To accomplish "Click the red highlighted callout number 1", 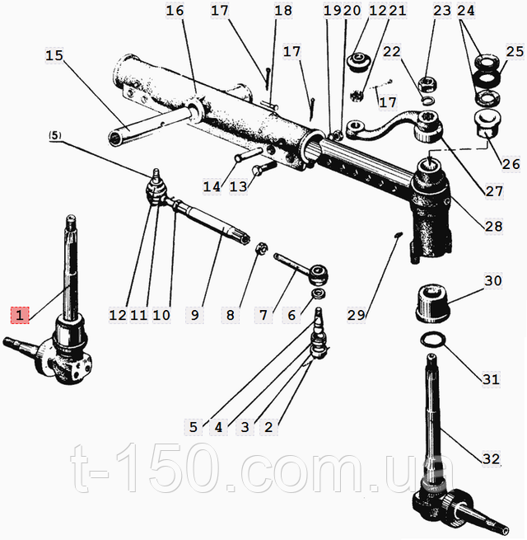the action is click(x=20, y=315).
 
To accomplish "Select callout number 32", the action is click(x=491, y=458).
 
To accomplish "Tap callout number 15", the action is click(x=54, y=55).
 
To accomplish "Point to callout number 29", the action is click(x=356, y=315).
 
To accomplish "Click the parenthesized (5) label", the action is click(x=55, y=135).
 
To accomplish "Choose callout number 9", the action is click(x=194, y=315).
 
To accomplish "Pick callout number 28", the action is click(x=493, y=226).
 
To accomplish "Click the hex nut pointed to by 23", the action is click(x=427, y=84).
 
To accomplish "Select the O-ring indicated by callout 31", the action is click(x=433, y=340).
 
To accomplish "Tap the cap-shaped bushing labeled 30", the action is click(x=433, y=303).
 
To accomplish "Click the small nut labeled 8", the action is click(x=263, y=248).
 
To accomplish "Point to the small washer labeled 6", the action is click(x=319, y=293).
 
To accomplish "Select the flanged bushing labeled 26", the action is click(x=487, y=124).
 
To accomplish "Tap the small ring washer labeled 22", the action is click(x=427, y=101).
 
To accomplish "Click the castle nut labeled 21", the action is click(x=357, y=95).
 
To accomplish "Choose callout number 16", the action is click(x=175, y=11).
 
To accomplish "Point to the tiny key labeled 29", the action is click(x=398, y=234).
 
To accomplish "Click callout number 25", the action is click(x=515, y=52).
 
